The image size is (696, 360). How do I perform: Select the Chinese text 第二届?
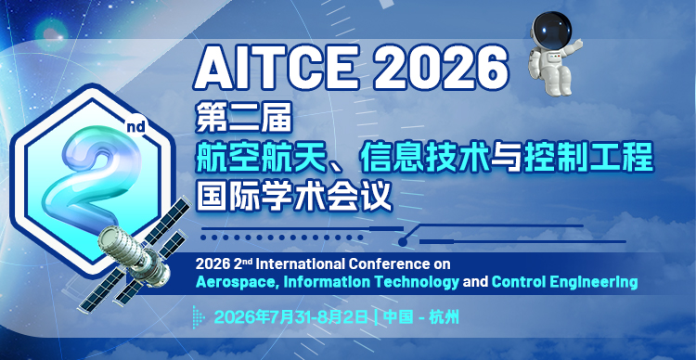244,119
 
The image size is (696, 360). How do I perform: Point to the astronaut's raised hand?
578,44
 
